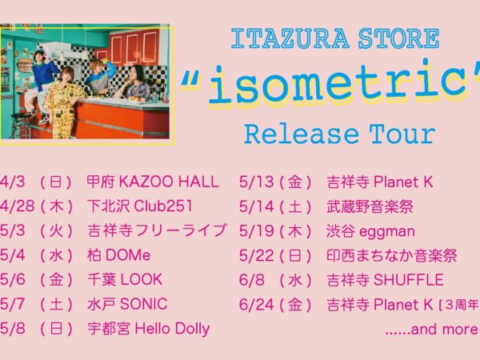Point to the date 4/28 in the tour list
click(18, 206)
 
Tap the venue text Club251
click(163, 206)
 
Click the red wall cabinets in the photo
click(132, 49)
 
